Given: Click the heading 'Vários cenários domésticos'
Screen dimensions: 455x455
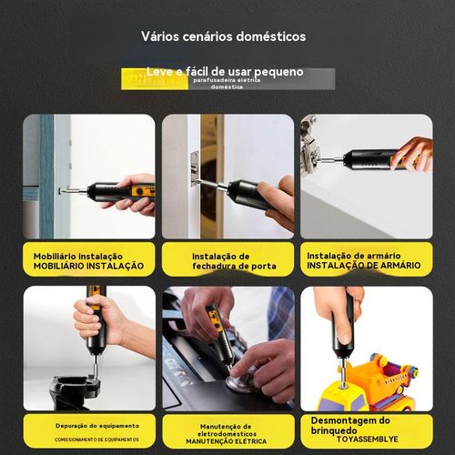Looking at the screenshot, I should pos(223,37).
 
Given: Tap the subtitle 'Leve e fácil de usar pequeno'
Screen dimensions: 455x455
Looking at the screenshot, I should pos(225,71).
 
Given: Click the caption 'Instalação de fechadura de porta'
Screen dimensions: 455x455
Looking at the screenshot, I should pos(227,261).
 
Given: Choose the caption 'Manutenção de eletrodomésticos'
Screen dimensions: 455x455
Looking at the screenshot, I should pos(227,430).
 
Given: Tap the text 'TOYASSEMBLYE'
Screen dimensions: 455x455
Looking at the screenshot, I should pos(369,437).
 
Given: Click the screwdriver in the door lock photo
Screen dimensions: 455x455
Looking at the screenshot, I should pos(241,191).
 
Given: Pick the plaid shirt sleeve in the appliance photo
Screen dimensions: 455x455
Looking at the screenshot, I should pos(280,314).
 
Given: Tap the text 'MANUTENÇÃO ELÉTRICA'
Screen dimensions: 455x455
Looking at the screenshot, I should pos(227,443).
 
